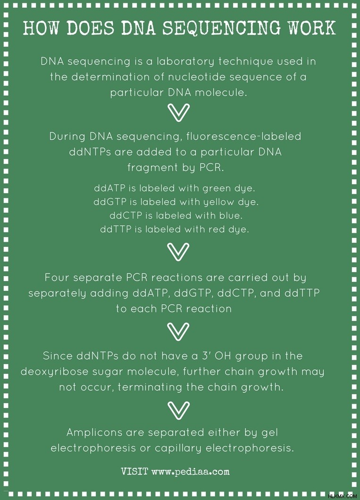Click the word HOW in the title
tap(42, 28)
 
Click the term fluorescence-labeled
tap(244, 136)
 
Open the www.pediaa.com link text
tap(191, 472)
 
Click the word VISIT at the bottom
tap(134, 471)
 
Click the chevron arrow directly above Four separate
tap(178, 252)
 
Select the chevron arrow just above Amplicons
tap(178, 410)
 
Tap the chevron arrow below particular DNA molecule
tap(178, 112)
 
